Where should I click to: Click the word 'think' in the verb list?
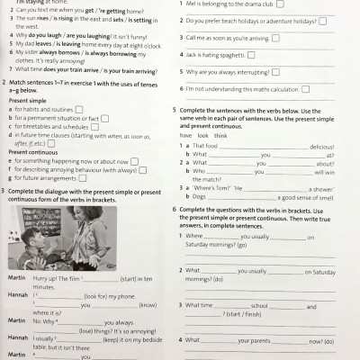coord(221,136)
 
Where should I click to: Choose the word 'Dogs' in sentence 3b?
coord(199,195)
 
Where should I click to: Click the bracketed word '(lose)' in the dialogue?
coord(90,329)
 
